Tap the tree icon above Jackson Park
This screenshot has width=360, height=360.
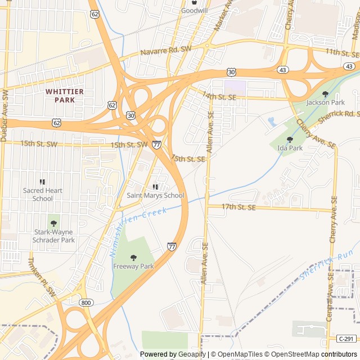(x=325, y=94)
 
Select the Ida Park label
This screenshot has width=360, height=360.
(x=290, y=148)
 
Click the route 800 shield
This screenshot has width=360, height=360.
(x=85, y=303)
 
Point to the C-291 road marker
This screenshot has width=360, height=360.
(x=346, y=339)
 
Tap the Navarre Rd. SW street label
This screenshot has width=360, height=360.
(x=165, y=51)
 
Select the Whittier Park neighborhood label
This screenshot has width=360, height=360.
(x=65, y=96)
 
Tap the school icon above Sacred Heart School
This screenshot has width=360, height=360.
(x=42, y=182)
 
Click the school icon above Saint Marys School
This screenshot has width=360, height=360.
(x=155, y=187)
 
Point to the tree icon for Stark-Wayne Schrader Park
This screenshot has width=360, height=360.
(x=53, y=223)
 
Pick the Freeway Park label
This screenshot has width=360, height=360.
(x=133, y=266)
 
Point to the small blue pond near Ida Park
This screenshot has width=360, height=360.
(x=272, y=121)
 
